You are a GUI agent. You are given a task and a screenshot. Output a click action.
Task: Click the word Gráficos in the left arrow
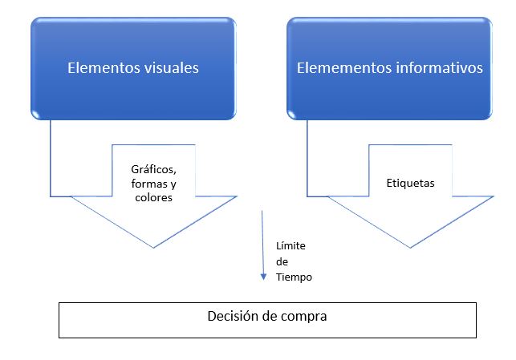coord(152,170)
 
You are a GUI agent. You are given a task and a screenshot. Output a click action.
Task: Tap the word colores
coord(152,197)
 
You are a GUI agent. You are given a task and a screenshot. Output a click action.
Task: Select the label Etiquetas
coord(410,183)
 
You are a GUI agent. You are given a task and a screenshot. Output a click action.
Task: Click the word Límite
coord(291,245)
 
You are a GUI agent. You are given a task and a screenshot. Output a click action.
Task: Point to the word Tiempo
coord(293,277)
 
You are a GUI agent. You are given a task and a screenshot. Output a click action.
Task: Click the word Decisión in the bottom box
coord(234,316)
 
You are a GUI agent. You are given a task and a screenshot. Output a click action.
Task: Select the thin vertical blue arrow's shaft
coord(262,241)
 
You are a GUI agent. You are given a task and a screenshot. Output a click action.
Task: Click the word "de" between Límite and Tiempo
coord(282,261)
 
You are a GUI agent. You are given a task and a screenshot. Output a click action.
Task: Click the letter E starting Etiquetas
coord(389,183)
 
